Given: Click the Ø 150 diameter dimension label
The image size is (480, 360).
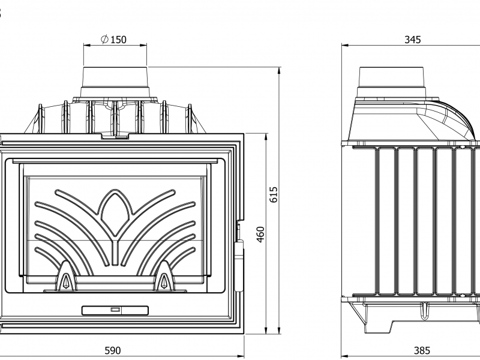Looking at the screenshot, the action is [x=113, y=40].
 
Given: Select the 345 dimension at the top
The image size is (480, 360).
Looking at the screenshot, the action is [x=413, y=40].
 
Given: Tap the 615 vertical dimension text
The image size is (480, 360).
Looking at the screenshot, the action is [x=274, y=194].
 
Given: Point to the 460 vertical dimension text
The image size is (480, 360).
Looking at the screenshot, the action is [x=260, y=234].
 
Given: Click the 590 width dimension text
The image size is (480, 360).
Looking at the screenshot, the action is [x=113, y=350].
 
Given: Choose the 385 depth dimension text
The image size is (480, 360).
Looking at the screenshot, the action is [x=422, y=350].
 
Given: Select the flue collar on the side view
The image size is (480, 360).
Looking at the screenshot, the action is [x=392, y=82].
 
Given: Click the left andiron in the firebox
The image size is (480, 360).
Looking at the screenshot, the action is [x=65, y=275].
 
